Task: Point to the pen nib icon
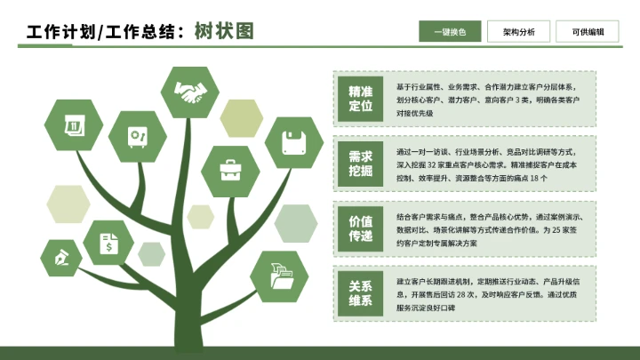pyautogui.click(x=62, y=258)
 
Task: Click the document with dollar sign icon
pyautogui.click(x=108, y=243)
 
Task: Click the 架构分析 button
pyautogui.click(x=519, y=32)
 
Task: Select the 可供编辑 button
pyautogui.click(x=588, y=32)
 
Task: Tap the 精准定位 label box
pyautogui.click(x=360, y=99)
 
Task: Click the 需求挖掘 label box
pyautogui.click(x=360, y=163)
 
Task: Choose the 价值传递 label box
pyautogui.click(x=360, y=228)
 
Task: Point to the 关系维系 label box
pyautogui.click(x=360, y=292)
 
